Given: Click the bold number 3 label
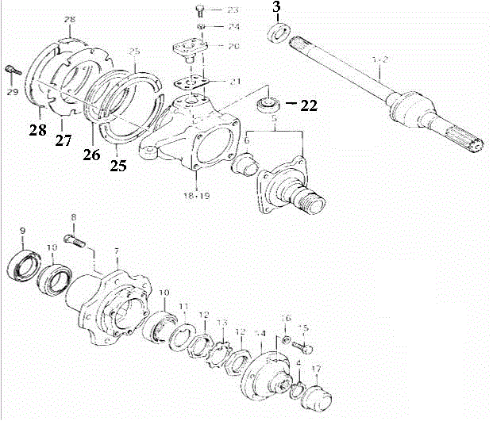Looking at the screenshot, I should [x=276, y=8].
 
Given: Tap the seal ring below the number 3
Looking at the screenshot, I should [x=278, y=33].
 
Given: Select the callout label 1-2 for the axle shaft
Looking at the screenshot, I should [x=380, y=60].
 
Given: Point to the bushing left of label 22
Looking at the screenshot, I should [x=268, y=103].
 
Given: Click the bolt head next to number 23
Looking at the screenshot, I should [x=199, y=10].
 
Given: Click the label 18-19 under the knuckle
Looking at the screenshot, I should [x=191, y=193].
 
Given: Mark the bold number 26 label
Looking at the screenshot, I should [x=92, y=155].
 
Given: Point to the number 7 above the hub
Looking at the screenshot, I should [x=116, y=251].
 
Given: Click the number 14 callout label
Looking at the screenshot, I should [x=260, y=334].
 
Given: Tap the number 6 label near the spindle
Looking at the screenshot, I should [x=247, y=140].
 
